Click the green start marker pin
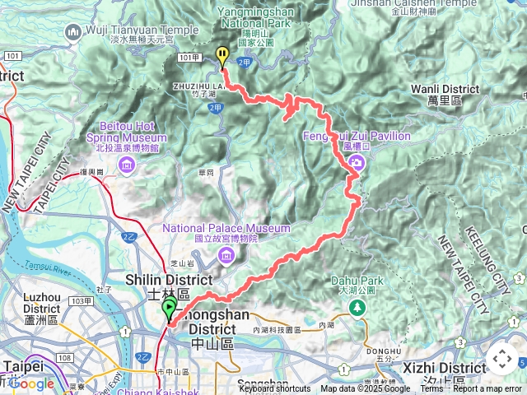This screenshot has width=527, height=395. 170,310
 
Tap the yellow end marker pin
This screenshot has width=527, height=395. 222,56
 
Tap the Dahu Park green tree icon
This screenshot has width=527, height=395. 357,308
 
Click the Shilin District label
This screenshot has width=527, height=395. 157,281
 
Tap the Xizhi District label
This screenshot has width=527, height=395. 451,367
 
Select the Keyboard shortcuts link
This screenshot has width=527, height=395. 275,388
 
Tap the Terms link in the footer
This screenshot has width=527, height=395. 431,388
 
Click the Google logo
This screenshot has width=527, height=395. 30,383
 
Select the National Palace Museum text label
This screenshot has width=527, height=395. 226,228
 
